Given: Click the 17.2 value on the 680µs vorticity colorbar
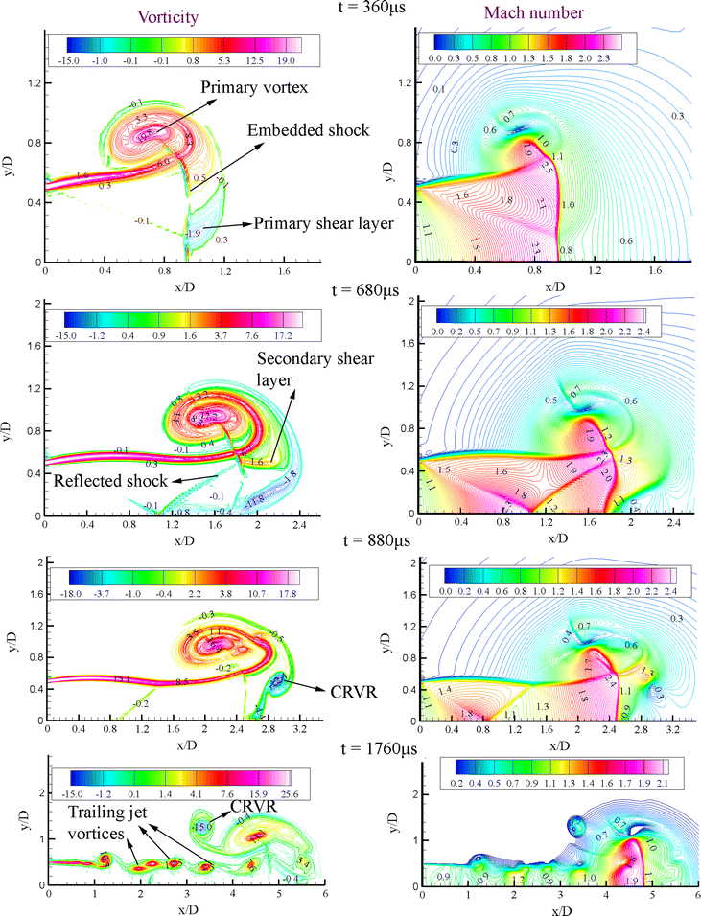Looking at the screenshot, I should [x=287, y=337].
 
